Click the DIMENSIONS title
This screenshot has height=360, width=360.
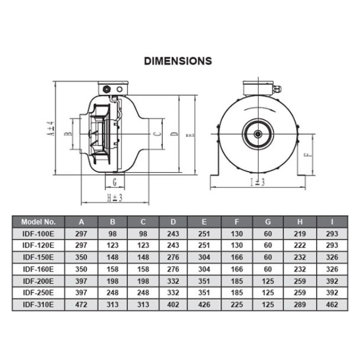178,61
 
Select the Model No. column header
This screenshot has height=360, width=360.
38,222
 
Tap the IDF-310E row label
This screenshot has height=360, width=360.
38,305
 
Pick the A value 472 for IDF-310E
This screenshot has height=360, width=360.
81,305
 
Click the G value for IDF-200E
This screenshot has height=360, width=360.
268,281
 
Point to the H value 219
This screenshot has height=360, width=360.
300,234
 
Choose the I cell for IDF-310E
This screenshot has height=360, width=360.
332,305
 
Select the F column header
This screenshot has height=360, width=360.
237,222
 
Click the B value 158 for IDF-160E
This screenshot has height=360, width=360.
112,269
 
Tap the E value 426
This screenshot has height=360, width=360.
204,305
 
